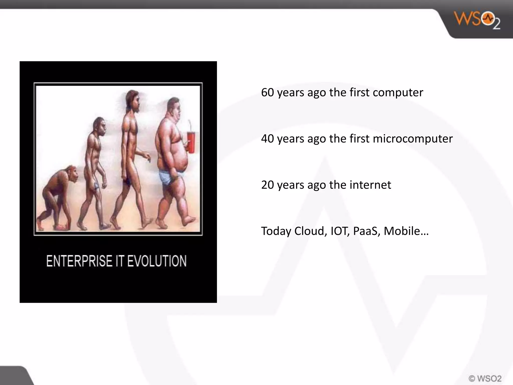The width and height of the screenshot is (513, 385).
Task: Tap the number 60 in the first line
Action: (x=267, y=92)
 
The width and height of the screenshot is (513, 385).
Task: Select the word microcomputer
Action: (x=413, y=139)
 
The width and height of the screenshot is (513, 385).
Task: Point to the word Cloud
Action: (x=310, y=231)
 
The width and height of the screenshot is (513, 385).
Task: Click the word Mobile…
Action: (x=406, y=231)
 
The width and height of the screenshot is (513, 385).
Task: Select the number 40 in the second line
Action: (x=267, y=139)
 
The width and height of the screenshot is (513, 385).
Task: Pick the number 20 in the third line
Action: (x=267, y=185)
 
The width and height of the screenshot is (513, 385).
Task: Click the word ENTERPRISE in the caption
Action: (x=79, y=261)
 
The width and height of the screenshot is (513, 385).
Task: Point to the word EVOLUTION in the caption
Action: (x=157, y=261)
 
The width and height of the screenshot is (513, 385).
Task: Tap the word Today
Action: (x=276, y=231)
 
